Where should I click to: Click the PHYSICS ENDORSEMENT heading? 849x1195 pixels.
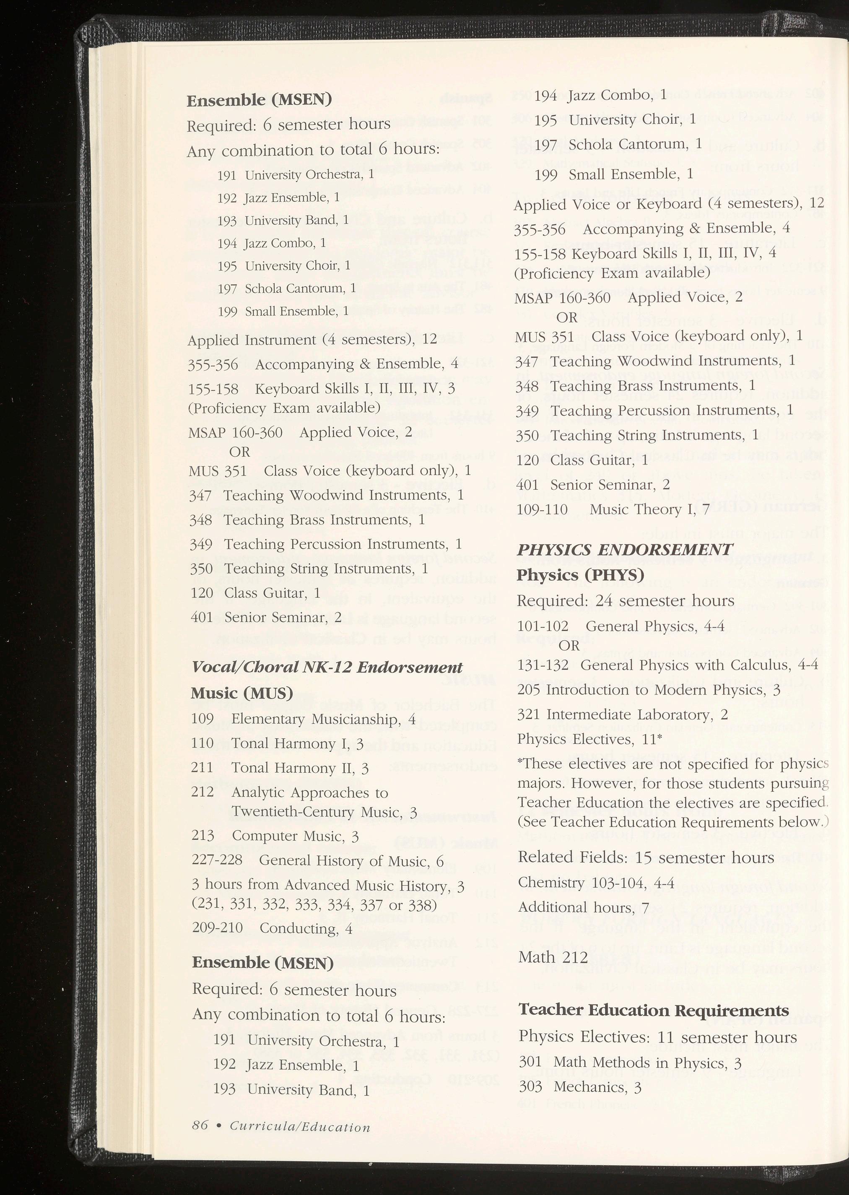pyautogui.click(x=624, y=549)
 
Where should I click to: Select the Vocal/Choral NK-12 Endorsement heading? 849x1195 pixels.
pyautogui.click(x=327, y=668)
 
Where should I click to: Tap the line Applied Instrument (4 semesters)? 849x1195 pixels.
pyautogui.click(x=312, y=340)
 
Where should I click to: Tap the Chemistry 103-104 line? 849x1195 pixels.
pyautogui.click(x=596, y=883)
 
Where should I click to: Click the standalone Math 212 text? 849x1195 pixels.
pyautogui.click(x=553, y=957)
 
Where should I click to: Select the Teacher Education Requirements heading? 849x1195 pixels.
pyautogui.click(x=654, y=1010)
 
